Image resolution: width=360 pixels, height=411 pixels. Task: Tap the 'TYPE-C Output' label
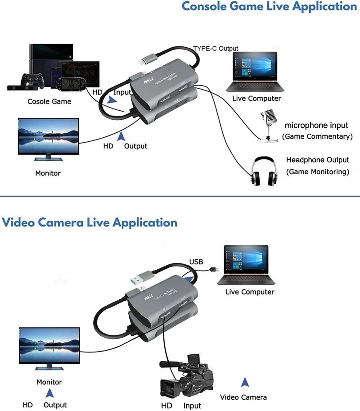(216, 48)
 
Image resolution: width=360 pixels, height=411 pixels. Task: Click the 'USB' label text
(196, 262)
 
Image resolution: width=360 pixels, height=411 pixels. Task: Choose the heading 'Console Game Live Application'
(269, 7)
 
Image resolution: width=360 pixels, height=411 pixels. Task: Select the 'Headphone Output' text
(317, 160)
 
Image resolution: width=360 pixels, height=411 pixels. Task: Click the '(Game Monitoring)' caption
(317, 172)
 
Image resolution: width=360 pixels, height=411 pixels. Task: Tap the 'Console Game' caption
(49, 101)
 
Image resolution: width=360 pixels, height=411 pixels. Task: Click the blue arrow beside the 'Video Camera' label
(245, 383)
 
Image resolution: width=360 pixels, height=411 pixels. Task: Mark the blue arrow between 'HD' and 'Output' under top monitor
(120, 136)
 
